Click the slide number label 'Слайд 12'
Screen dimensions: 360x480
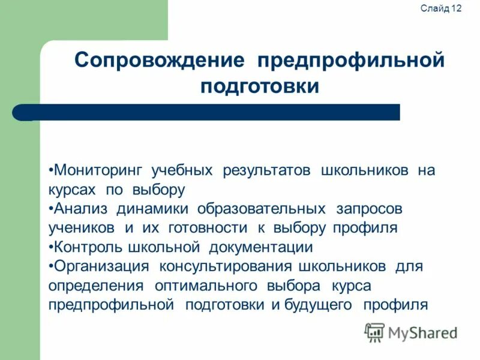[442, 8]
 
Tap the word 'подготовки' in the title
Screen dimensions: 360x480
[259, 86]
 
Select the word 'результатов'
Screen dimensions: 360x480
[267, 171]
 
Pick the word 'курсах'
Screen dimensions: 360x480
[72, 190]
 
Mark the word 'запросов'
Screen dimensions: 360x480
[370, 209]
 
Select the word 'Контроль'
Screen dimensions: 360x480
[85, 247]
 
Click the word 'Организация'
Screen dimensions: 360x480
[97, 266]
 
